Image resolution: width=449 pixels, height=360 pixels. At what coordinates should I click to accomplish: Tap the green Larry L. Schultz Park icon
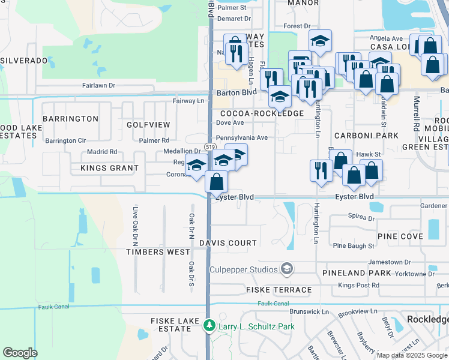(x=209, y=326)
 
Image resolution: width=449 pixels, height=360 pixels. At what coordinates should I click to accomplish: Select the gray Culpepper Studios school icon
(x=287, y=268)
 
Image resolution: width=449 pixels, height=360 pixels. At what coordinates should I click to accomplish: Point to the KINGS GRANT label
(x=109, y=169)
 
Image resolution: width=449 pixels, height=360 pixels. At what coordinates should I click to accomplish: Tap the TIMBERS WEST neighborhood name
(x=158, y=253)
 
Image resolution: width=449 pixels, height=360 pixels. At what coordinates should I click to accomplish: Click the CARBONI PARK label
(x=366, y=136)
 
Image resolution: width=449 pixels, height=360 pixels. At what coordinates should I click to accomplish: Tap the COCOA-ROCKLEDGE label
(x=262, y=113)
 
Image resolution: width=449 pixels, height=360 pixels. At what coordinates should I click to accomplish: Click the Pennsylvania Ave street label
(x=241, y=137)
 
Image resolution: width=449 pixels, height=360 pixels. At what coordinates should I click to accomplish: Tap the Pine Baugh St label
(x=354, y=246)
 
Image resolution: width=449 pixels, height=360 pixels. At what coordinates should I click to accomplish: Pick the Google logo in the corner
(x=20, y=352)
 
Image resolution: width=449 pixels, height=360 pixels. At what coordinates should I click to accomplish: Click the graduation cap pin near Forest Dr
(x=321, y=41)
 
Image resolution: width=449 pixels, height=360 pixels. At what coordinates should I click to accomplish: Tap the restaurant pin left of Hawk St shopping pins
(x=321, y=169)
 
